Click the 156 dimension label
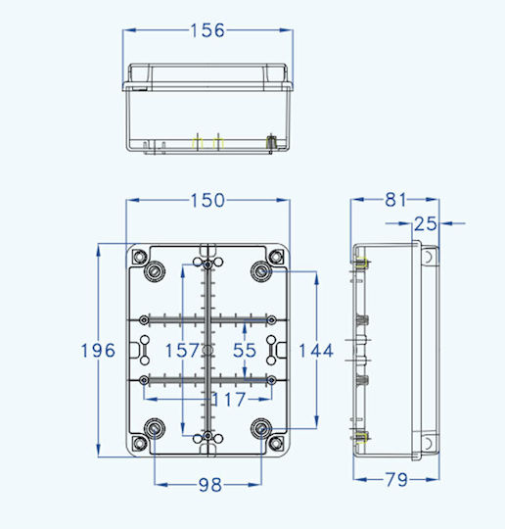pos(207,30)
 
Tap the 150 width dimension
pos(207,200)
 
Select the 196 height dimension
pos(98,350)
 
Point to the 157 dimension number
pos(182,350)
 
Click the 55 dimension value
pos(245,350)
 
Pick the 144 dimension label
pos(316,350)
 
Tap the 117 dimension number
pos(229,400)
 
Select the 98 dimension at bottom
pos(210,485)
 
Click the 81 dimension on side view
pos(395,200)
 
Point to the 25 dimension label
pos(426,223)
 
